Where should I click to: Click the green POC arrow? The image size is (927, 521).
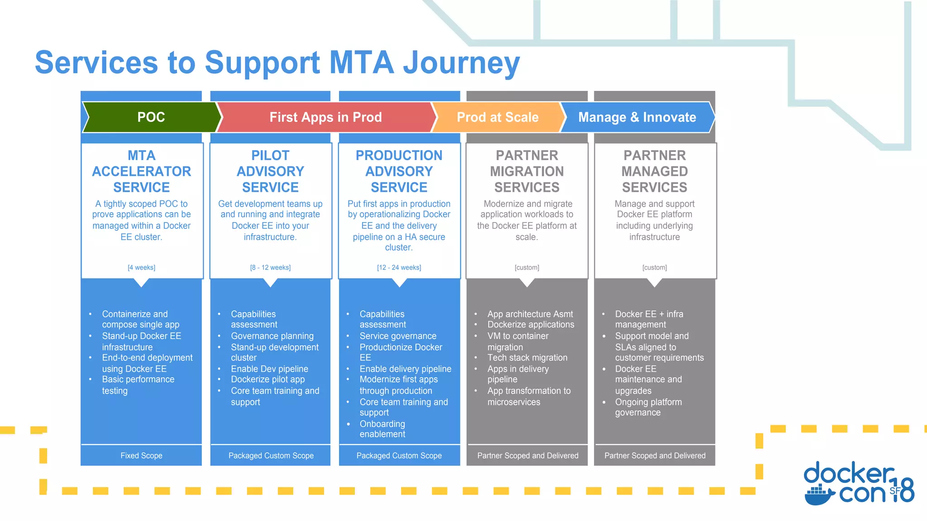[x=151, y=117]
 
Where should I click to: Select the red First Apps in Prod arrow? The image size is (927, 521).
[x=325, y=117]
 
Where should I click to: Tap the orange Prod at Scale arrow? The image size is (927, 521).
[x=497, y=117]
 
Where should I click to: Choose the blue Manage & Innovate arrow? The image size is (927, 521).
[x=637, y=117]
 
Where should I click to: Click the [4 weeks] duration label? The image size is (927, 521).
[x=141, y=268]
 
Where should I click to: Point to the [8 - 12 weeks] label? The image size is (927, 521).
[x=270, y=268]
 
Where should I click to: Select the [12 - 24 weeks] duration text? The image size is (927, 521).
[x=399, y=268]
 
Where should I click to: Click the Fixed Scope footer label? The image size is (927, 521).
[x=141, y=455]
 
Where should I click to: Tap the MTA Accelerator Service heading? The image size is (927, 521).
[x=142, y=171]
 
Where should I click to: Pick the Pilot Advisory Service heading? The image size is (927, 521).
[x=270, y=171]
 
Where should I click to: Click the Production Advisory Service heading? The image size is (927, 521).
[x=399, y=171]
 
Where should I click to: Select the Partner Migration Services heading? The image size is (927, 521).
[x=527, y=171]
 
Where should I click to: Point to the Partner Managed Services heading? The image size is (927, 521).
[x=655, y=171]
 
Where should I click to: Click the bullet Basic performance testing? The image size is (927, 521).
[x=138, y=385]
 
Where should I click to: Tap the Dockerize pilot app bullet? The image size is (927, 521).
[x=268, y=379]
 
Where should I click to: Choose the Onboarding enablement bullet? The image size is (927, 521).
[x=382, y=429]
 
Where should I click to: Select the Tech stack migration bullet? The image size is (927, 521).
[x=527, y=358]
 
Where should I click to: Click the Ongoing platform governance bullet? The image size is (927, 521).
[x=648, y=407]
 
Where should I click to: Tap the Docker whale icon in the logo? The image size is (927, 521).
[x=820, y=495]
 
